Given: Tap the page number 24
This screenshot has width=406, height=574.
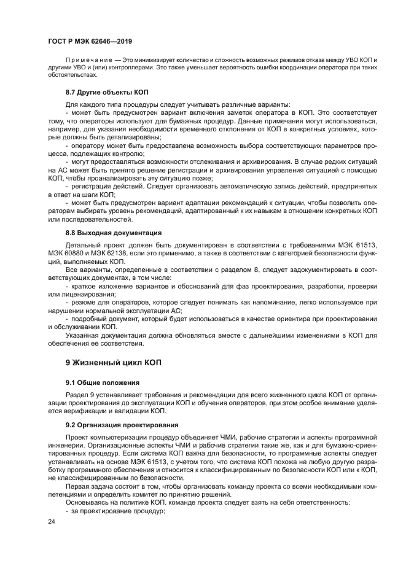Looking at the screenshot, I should (52, 521).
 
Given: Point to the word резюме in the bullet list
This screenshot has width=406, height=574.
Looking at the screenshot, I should (82, 303).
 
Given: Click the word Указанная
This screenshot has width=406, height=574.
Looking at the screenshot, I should (84, 335).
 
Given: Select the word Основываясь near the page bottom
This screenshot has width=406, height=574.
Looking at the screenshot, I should (87, 503).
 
